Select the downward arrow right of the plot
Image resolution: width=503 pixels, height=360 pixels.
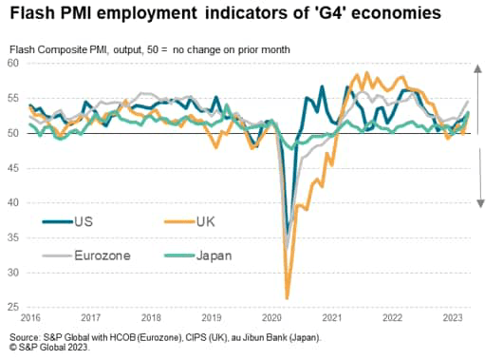tap(480, 185)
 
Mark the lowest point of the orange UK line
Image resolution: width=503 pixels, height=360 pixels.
tap(287, 298)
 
